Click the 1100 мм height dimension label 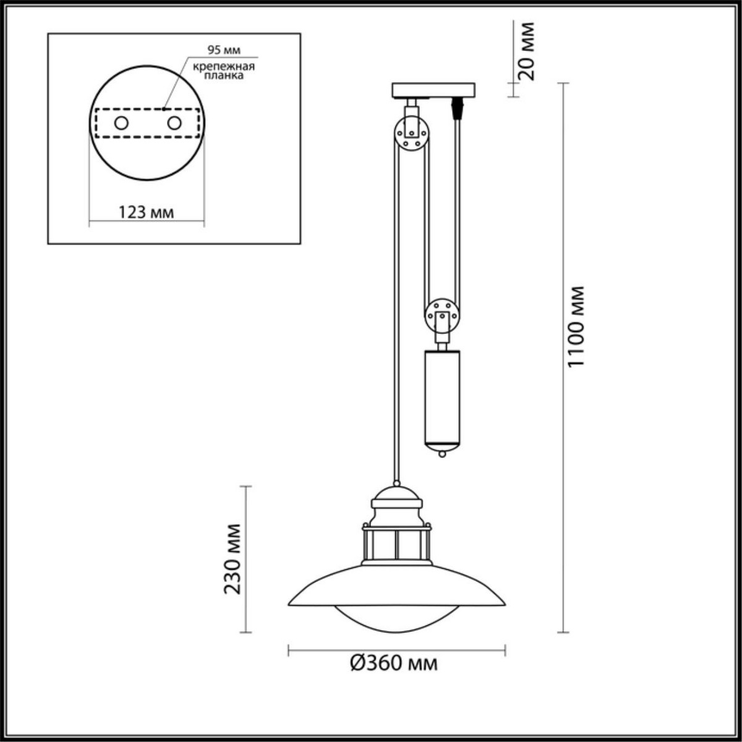(x=576, y=325)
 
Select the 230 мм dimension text (x=232, y=558)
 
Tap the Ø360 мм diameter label (x=394, y=663)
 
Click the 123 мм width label (x=146, y=212)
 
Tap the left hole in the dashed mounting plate (x=121, y=123)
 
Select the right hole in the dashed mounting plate (x=174, y=123)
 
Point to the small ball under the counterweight (x=441, y=454)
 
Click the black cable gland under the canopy (x=458, y=109)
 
